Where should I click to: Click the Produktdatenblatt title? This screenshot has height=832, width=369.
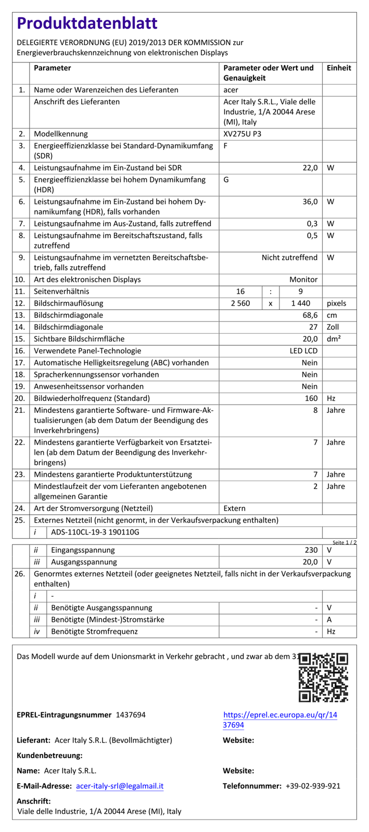pos(87,24)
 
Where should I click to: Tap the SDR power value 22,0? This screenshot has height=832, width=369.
pos(310,168)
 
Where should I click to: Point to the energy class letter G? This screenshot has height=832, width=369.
pos(226,180)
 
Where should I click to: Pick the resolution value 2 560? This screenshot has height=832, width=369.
pos(240,303)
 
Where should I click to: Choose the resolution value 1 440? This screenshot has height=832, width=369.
pos(300,303)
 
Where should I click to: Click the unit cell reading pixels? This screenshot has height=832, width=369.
pos(336,303)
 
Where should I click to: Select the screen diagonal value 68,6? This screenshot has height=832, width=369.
pos(309,315)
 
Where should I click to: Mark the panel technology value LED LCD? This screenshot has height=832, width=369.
pos(303,351)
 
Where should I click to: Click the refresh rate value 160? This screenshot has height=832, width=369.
pos(311,398)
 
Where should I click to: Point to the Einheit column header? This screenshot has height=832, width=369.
pos(339,68)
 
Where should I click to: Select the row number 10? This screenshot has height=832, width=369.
pos(20,280)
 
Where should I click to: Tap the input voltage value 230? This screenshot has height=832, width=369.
pos(311,550)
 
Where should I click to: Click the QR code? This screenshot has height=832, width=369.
pos(323,677)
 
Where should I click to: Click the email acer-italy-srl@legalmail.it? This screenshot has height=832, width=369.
pos(120,786)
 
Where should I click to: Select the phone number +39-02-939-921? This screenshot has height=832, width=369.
pos(313,786)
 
